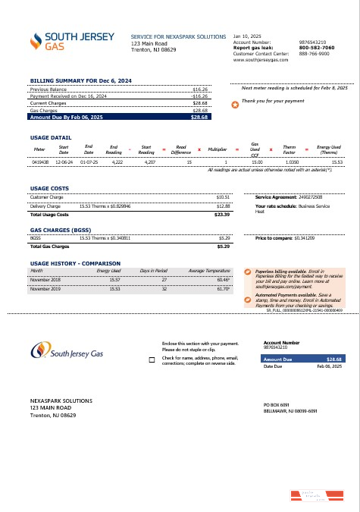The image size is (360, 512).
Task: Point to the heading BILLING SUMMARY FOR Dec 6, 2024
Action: coord(81,80)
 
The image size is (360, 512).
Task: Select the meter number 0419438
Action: coord(40,162)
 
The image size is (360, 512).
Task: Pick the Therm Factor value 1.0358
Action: coord(291,162)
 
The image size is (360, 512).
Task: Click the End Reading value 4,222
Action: coord(117,162)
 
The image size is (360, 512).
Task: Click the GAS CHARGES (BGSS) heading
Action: coord(60,228)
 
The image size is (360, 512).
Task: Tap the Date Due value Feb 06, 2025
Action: coord(329,366)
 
